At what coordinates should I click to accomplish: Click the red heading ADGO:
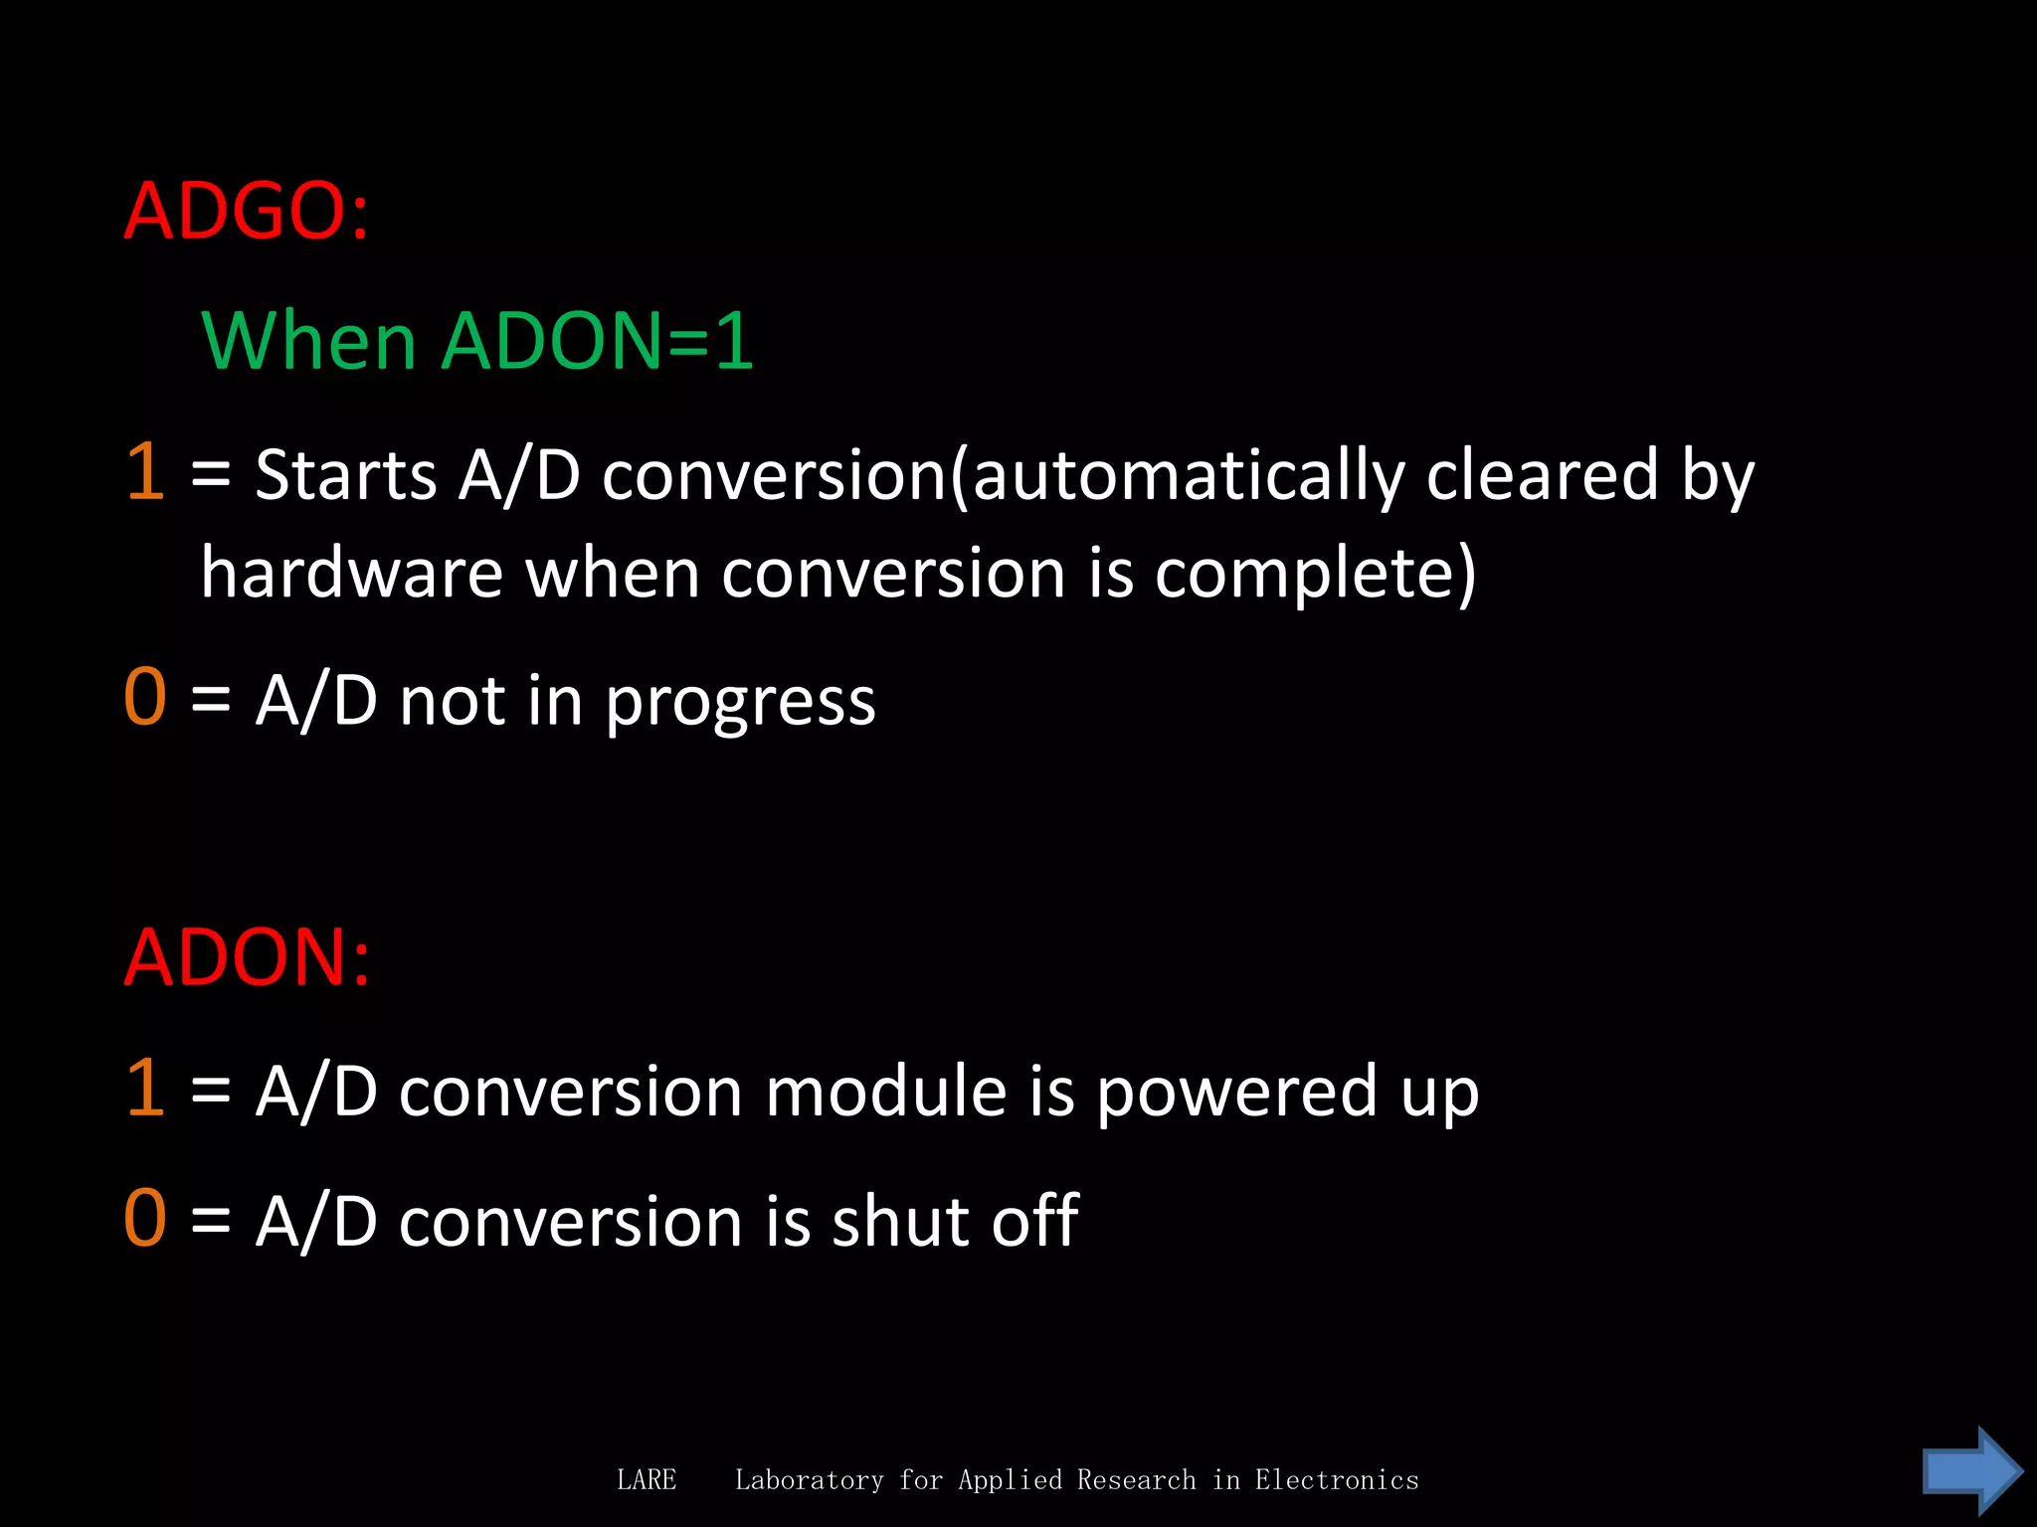pos(246,212)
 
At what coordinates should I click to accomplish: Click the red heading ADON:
pos(247,957)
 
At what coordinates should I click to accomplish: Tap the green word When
pos(308,341)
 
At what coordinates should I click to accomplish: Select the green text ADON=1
pos(597,341)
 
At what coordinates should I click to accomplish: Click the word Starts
pos(345,474)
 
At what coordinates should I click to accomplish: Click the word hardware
pos(352,574)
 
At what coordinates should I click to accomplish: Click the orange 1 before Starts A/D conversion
pos(145,471)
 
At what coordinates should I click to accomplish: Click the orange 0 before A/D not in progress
pos(145,698)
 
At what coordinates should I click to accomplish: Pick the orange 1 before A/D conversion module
pos(145,1088)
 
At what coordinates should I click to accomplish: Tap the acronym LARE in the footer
pos(647,1480)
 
